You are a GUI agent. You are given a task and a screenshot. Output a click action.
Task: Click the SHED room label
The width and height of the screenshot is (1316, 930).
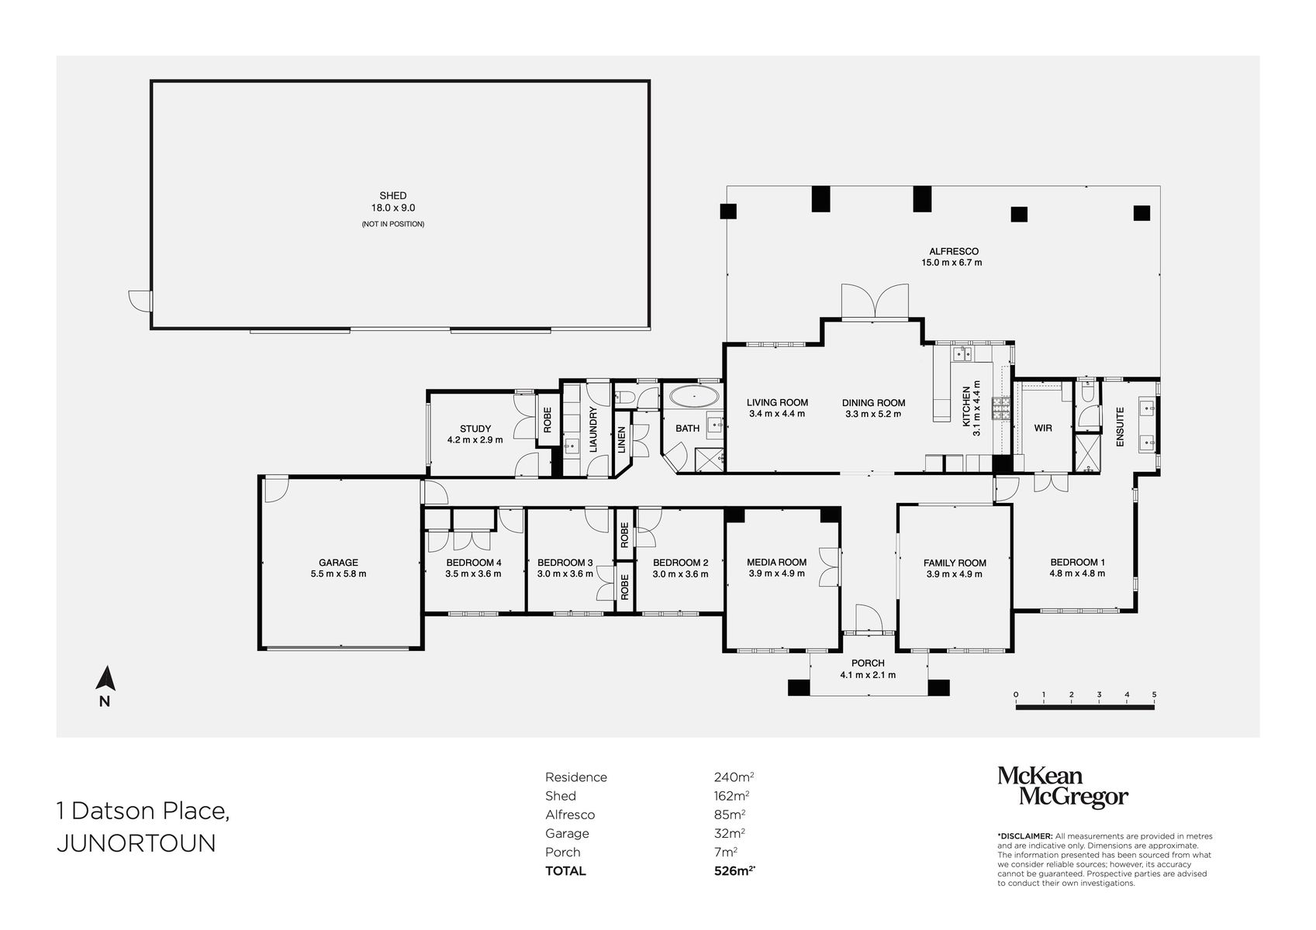click(392, 196)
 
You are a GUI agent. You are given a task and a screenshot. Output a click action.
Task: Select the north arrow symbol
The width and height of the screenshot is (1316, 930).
click(105, 680)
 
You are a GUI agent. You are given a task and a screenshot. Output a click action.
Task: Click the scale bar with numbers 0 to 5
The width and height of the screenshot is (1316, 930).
click(1085, 705)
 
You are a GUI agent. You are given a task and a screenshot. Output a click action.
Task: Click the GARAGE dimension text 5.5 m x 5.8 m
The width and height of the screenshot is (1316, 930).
click(338, 574)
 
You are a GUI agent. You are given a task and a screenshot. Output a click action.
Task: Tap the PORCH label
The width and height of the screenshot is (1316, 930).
click(868, 663)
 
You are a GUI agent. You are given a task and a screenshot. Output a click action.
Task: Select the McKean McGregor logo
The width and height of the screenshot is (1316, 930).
click(1062, 787)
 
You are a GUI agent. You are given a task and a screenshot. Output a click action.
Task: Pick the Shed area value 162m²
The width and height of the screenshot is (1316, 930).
click(731, 796)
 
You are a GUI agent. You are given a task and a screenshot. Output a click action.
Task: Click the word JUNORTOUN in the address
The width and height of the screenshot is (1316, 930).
click(136, 844)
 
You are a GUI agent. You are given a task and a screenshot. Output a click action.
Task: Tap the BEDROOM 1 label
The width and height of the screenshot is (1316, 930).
click(1077, 563)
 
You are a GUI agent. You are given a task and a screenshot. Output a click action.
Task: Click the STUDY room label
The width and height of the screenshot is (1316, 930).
click(475, 429)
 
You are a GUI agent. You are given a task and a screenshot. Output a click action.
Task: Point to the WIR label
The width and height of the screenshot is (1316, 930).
click(1043, 428)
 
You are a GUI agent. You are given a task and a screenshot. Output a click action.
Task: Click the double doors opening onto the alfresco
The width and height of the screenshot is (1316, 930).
click(874, 301)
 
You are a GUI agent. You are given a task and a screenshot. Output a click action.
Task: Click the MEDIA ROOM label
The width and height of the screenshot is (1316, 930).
click(776, 563)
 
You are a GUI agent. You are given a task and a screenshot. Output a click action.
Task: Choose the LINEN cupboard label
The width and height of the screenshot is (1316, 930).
click(621, 440)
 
